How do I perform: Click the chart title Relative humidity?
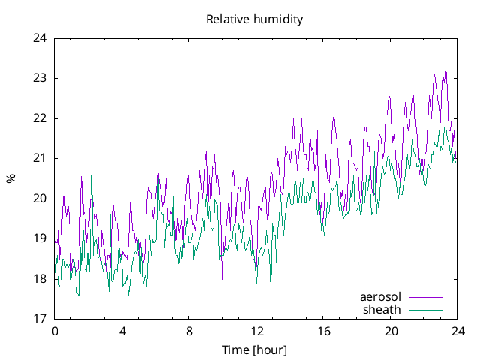click(255, 19)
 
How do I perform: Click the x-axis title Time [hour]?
click(254, 350)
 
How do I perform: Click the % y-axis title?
click(11, 178)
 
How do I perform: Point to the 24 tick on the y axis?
click(40, 38)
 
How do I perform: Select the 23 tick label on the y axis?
click(40, 78)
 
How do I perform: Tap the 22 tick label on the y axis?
click(40, 118)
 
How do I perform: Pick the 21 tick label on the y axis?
click(40, 158)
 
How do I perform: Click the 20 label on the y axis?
click(40, 199)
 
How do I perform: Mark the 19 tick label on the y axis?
click(40, 238)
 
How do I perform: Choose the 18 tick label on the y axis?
click(40, 279)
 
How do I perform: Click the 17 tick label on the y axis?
click(40, 319)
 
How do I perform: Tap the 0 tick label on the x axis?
click(55, 331)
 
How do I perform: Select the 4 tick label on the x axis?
click(122, 331)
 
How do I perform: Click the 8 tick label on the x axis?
click(189, 331)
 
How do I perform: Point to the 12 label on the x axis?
click(256, 331)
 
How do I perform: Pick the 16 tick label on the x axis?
click(323, 331)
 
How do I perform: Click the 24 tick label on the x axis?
click(457, 331)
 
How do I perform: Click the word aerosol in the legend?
click(381, 297)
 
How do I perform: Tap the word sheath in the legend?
click(382, 309)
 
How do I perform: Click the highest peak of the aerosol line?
click(445, 67)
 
